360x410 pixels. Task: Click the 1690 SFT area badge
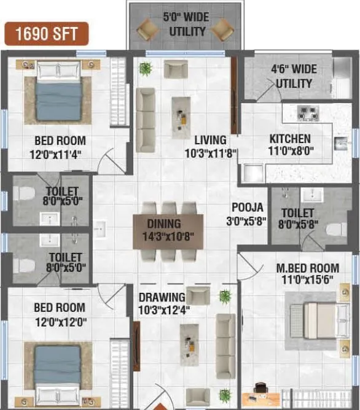click(47, 34)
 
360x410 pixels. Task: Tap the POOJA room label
click(248, 207)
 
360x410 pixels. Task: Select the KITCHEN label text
click(290, 139)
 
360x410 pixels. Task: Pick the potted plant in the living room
click(146, 68)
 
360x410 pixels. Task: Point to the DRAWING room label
click(162, 298)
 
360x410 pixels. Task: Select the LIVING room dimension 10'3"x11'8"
click(211, 153)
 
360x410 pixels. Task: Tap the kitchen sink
click(340, 143)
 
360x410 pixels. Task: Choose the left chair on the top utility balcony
click(148, 29)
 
